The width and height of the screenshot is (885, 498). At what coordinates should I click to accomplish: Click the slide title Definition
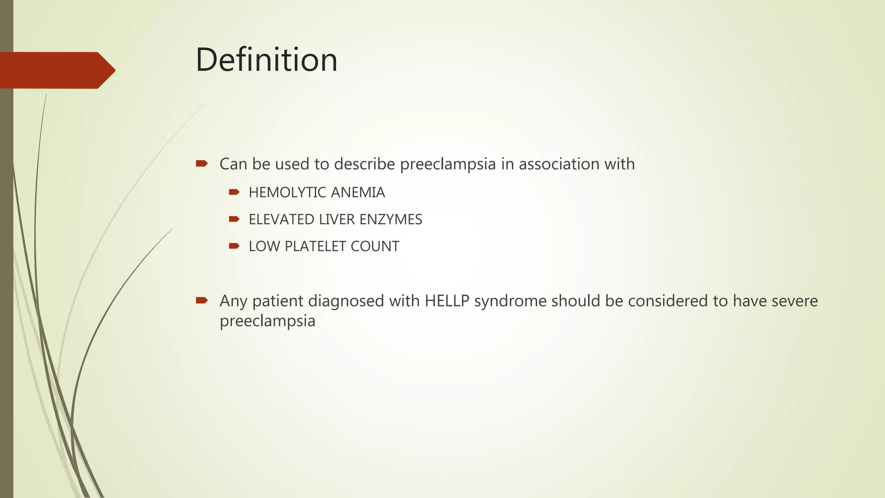pyautogui.click(x=266, y=60)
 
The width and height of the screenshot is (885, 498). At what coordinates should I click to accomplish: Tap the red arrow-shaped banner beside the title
pyautogui.click(x=56, y=70)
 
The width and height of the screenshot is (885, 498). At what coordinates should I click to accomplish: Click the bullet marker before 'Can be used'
pyautogui.click(x=202, y=163)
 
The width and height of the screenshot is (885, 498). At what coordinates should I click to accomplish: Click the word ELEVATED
pyautogui.click(x=281, y=220)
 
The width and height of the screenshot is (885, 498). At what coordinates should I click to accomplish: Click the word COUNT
pyautogui.click(x=375, y=246)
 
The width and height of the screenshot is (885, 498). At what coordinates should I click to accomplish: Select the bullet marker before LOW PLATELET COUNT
pyautogui.click(x=234, y=246)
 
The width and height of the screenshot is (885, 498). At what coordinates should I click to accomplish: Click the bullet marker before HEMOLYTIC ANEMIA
pyautogui.click(x=234, y=192)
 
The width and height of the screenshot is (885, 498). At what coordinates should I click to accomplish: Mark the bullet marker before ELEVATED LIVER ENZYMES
pyautogui.click(x=234, y=219)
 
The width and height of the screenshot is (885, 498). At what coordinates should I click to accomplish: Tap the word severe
pyautogui.click(x=795, y=301)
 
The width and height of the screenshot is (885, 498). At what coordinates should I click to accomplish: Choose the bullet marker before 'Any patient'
pyautogui.click(x=202, y=300)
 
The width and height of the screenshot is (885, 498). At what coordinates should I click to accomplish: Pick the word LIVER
pyautogui.click(x=337, y=220)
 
